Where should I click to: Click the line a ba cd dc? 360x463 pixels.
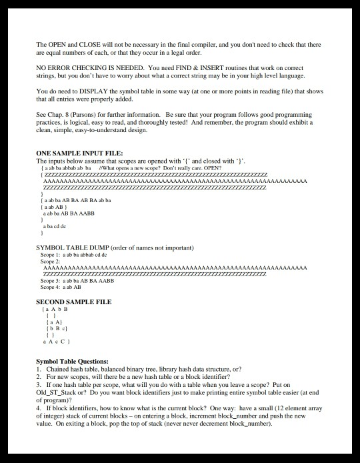(x=56, y=227)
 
